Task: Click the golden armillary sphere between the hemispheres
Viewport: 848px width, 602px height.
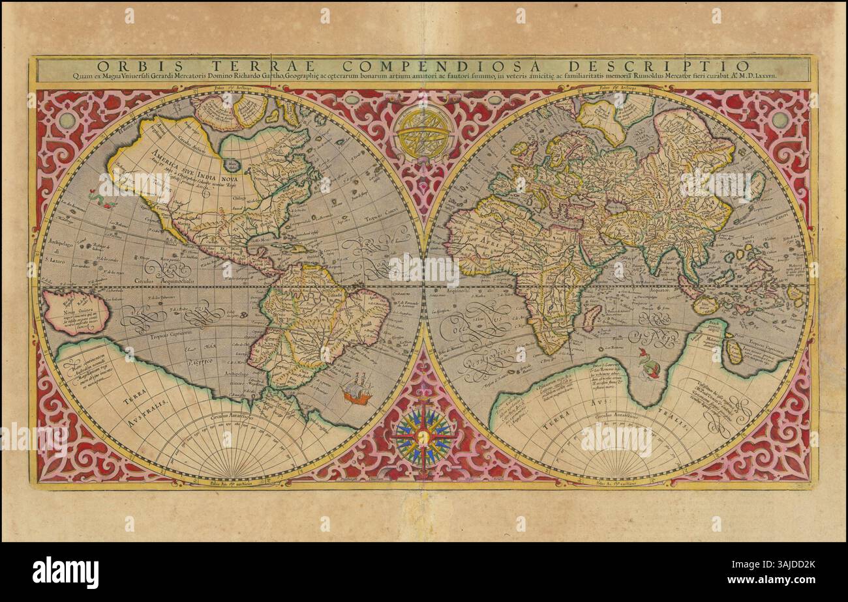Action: pyautogui.click(x=424, y=133)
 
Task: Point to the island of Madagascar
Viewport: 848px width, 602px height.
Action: pyautogui.click(x=590, y=317)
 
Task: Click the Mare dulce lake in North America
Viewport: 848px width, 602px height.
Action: pyautogui.click(x=231, y=165)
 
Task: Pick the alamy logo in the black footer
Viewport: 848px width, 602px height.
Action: pyautogui.click(x=65, y=573)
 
